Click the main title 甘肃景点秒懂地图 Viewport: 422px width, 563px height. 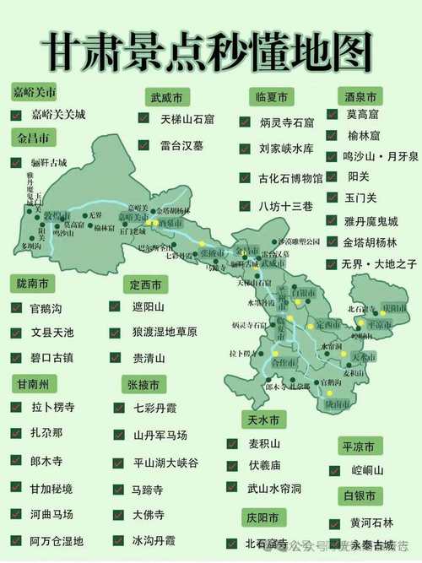(211, 49)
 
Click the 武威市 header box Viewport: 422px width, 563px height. (167, 97)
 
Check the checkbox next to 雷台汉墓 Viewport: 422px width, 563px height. (145, 145)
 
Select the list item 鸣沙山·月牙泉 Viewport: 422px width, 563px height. (381, 156)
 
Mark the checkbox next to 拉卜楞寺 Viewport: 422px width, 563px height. (17, 407)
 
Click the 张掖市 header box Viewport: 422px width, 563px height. (145, 384)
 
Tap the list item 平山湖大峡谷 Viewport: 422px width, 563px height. (166, 462)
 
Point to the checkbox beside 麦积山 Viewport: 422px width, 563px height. (231, 442)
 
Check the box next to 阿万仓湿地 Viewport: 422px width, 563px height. (17, 541)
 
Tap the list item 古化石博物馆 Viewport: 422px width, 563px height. (291, 178)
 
